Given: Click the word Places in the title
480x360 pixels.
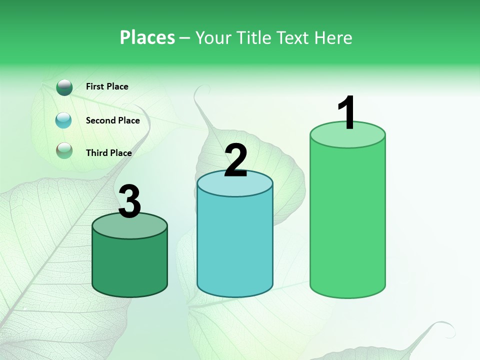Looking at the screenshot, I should [x=147, y=37].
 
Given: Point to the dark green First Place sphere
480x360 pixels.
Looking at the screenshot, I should [x=64, y=87].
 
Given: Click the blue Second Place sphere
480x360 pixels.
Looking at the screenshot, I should [x=63, y=120].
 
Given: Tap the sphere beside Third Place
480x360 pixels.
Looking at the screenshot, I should [x=64, y=150].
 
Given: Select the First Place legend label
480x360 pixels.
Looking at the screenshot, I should [x=107, y=86].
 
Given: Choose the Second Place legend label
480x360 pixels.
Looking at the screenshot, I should [x=112, y=120].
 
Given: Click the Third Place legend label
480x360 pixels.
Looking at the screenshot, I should [x=108, y=153].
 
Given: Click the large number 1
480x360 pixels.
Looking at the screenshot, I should [x=346, y=113].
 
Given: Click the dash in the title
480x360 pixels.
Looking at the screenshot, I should [x=185, y=38].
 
